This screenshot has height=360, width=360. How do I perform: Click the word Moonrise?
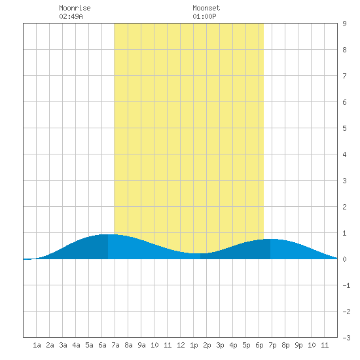[x=75, y=8]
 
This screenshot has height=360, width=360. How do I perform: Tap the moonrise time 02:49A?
[x=71, y=16]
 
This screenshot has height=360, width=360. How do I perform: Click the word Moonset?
[x=206, y=8]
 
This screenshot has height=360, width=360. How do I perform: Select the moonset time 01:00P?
[x=204, y=16]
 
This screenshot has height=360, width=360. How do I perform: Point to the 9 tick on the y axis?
[x=344, y=24]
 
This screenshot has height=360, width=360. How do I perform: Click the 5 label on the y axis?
[x=344, y=128]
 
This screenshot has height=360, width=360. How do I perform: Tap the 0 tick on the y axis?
[x=344, y=259]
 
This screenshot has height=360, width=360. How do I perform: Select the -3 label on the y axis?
[x=346, y=338]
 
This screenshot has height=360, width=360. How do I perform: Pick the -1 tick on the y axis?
[x=346, y=285]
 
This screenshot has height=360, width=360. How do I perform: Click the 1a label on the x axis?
[x=37, y=345]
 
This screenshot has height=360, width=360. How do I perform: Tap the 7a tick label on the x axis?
[x=115, y=345]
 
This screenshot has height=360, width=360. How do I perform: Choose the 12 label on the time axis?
[x=181, y=345]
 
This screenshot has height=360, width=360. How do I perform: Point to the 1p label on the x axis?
[x=194, y=345]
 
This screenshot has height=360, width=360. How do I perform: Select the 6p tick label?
[x=259, y=345]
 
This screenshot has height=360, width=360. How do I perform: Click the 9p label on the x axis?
[x=298, y=345]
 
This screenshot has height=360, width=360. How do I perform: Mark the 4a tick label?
[x=76, y=345]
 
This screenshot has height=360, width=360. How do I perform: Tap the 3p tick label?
[x=220, y=345]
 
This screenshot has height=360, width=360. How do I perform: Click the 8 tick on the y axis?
[x=344, y=50]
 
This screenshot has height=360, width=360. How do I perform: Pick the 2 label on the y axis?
[x=344, y=207]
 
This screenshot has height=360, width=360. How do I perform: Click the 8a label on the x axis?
[x=128, y=345]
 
